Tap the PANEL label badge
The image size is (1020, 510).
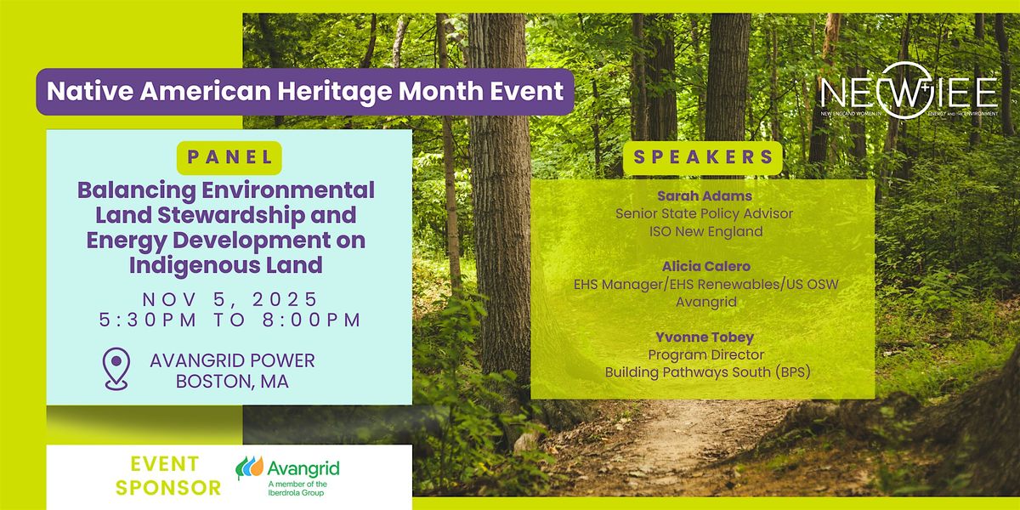click(x=229, y=157)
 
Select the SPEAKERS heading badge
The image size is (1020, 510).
click(x=703, y=157)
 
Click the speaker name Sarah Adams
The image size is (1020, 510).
click(x=705, y=195)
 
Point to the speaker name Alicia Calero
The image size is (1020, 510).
click(x=706, y=266)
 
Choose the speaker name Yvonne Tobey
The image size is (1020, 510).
click(x=705, y=337)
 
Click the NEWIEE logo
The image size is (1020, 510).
click(x=909, y=91)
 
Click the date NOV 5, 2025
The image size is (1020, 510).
click(x=230, y=299)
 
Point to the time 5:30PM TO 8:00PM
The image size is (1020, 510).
click(x=230, y=320)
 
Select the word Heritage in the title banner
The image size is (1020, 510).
click(x=335, y=91)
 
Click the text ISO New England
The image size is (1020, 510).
click(x=705, y=231)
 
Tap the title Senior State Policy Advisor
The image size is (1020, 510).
click(x=705, y=213)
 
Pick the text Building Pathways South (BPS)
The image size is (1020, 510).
click(x=707, y=372)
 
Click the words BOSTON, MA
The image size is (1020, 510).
click(x=232, y=382)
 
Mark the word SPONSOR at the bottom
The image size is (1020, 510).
click(x=168, y=488)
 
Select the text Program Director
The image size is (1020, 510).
click(x=706, y=354)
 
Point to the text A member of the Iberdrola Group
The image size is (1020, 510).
click(x=297, y=488)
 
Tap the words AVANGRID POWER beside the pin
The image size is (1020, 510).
click(x=232, y=360)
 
